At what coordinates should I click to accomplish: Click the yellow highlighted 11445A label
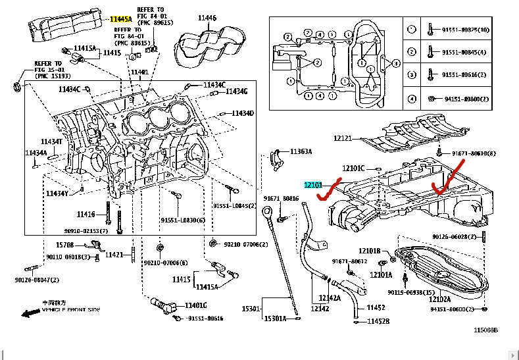click(121, 19)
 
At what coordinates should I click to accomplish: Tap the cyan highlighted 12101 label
click(312, 186)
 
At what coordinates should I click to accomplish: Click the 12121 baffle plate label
click(343, 138)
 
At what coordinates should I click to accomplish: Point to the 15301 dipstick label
click(251, 309)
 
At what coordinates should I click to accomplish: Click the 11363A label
click(299, 151)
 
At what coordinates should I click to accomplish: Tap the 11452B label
click(378, 321)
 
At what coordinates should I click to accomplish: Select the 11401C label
click(195, 305)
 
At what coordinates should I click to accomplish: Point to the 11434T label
click(51, 141)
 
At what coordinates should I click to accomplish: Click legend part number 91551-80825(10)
click(471, 30)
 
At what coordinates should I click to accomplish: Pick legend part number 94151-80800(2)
click(470, 99)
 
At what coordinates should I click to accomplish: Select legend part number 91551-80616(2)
click(469, 76)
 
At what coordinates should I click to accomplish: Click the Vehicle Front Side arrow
click(30, 313)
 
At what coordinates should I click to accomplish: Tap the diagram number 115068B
click(486, 330)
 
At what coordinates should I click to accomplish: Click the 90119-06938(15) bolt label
click(411, 292)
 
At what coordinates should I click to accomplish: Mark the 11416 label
click(86, 214)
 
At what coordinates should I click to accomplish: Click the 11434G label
click(236, 91)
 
